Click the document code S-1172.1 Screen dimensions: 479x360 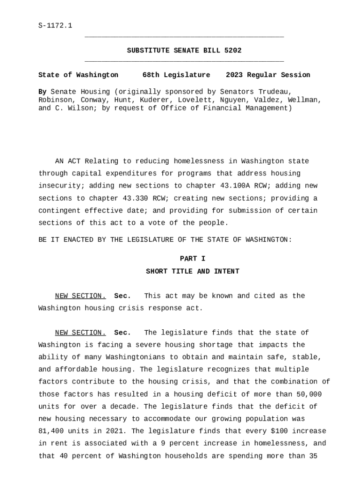pos(55,25)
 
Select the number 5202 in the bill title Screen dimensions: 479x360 pos(233,51)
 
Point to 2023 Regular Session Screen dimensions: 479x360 pos(268,75)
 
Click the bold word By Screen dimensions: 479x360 pos(42,92)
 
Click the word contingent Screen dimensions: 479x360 pos(59,210)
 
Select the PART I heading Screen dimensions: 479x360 pos(193,259)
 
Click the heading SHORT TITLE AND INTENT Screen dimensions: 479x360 pos(193,271)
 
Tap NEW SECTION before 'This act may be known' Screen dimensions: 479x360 pos(80,296)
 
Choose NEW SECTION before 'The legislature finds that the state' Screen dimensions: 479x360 pos(80,333)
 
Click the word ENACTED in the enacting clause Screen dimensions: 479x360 pos(78,239)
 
